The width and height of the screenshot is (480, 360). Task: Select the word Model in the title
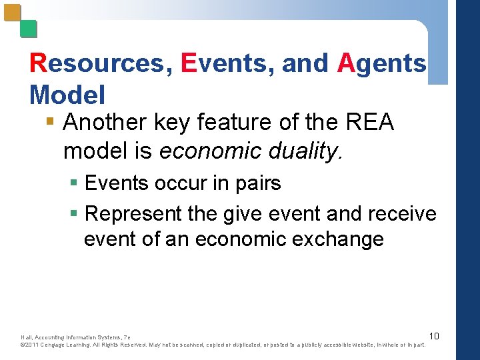67,95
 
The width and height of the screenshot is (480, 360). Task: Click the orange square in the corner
12,13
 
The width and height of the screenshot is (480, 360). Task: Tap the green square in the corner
28,29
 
